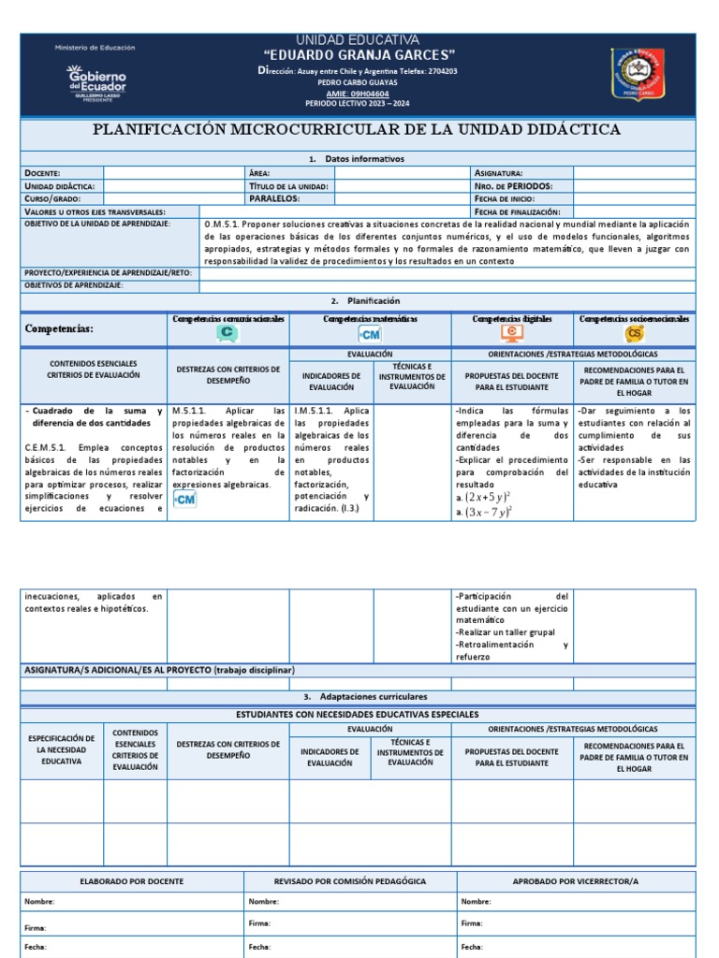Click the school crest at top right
[638, 79]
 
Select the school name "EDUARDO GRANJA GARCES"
[359, 55]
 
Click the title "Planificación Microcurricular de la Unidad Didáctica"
[357, 129]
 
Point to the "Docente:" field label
[43, 173]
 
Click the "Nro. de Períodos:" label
[512, 186]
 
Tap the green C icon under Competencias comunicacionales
[227, 333]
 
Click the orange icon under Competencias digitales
[511, 333]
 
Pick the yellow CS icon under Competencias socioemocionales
[635, 333]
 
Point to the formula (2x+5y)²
[491, 498]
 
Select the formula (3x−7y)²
[491, 512]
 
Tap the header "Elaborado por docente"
[132, 881]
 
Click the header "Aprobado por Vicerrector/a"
[576, 881]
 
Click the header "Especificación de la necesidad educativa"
[61, 749]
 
